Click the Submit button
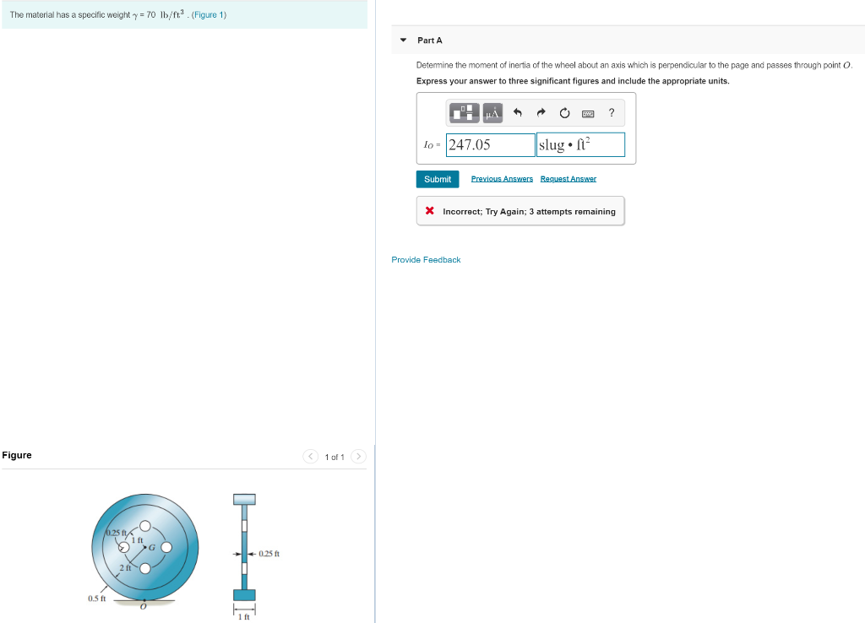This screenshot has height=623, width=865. pyautogui.click(x=438, y=179)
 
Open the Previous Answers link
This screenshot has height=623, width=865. pyautogui.click(x=502, y=179)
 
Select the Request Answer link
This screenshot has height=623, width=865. pyautogui.click(x=569, y=179)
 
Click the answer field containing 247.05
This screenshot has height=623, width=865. pyautogui.click(x=491, y=145)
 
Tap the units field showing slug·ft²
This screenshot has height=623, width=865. pyautogui.click(x=580, y=145)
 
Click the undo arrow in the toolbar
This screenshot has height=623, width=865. pyautogui.click(x=519, y=113)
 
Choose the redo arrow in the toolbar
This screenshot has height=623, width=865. pyautogui.click(x=541, y=113)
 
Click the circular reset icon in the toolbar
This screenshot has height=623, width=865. pyautogui.click(x=564, y=113)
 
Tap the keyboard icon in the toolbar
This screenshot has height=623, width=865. pyautogui.click(x=588, y=113)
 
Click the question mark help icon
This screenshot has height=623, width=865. pyautogui.click(x=612, y=113)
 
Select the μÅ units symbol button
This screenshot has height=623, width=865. pyautogui.click(x=493, y=113)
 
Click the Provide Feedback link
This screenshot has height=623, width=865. pyautogui.click(x=426, y=260)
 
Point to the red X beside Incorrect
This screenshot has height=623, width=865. pyautogui.click(x=430, y=211)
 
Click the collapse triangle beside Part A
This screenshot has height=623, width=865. pyautogui.click(x=403, y=41)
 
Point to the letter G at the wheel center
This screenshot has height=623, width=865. pyautogui.click(x=152, y=547)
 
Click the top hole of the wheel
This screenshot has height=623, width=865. pyautogui.click(x=145, y=525)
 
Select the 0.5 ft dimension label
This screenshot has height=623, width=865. pyautogui.click(x=96, y=599)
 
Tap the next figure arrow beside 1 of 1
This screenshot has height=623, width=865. pyautogui.click(x=359, y=457)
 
